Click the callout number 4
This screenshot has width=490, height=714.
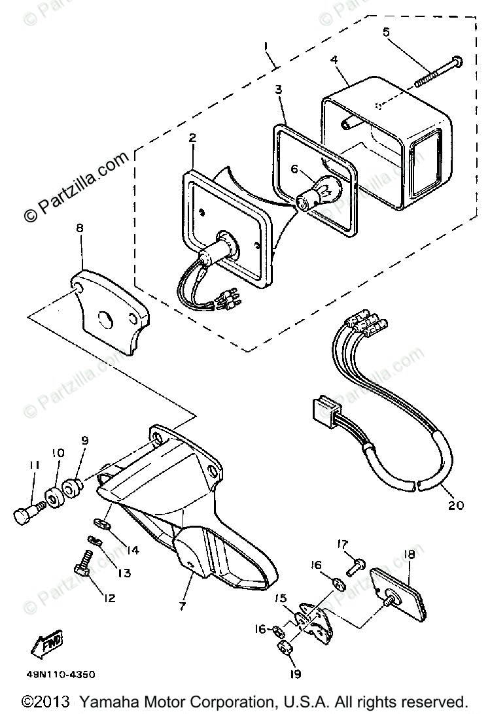click(334, 59)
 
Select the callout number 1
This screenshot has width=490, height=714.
click(266, 47)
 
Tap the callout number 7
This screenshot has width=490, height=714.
click(183, 605)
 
